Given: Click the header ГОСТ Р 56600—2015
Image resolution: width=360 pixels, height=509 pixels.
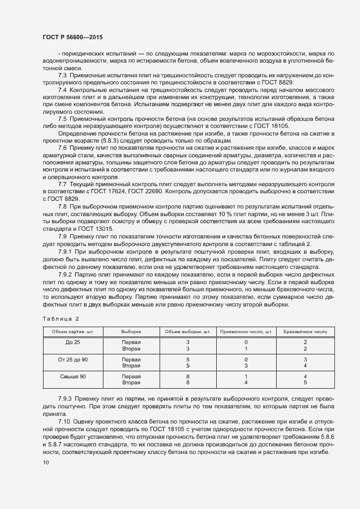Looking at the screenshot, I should pos(72,37).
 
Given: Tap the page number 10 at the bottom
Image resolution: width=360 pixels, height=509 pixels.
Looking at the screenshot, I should pos(45,463).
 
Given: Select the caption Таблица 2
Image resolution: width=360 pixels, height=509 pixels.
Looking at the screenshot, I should pos(60,318).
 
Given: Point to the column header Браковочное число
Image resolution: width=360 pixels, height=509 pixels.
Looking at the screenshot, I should pos(305,332).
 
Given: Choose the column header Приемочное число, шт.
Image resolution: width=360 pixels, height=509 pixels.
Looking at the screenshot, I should pos(246,332).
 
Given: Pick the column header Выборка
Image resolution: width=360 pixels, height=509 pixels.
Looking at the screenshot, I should pos(131,332).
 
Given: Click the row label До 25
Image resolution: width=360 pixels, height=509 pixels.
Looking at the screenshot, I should pos(72,342).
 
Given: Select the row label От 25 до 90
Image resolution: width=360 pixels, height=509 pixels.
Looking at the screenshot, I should pos(72,360).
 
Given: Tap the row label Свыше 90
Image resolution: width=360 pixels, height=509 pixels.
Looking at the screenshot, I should pos(72,377).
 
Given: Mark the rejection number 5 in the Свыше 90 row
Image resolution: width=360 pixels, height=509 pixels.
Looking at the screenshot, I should pos(306,383).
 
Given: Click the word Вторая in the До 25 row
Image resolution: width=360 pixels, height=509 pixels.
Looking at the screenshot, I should pos(131,348).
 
